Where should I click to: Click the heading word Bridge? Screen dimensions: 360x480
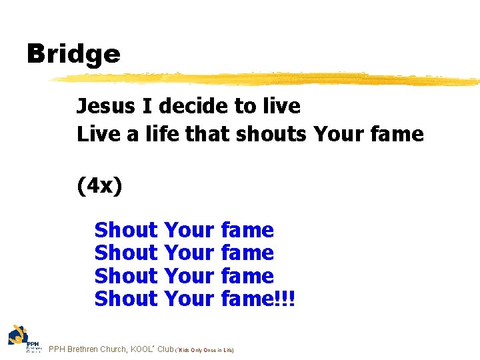tap(73, 54)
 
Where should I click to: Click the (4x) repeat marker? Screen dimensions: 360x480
tap(99, 186)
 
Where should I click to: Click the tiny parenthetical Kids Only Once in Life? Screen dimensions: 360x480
tap(205, 350)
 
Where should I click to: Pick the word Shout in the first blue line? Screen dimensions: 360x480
tap(125, 230)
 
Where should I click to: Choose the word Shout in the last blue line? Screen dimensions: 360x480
tap(125, 299)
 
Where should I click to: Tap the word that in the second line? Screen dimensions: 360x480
tap(202, 134)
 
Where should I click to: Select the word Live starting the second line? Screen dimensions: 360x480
tap(97, 134)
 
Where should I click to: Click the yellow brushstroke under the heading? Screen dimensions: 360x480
tap(267, 79)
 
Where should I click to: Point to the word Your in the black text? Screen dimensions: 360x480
tap(337, 134)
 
